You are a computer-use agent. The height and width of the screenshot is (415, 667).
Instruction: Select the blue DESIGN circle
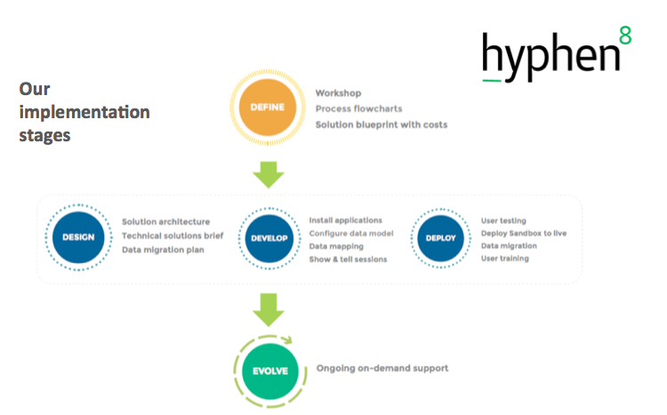[78, 237]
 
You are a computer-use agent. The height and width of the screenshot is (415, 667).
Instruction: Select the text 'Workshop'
[338, 93]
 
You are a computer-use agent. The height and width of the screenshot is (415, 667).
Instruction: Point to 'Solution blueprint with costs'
[381, 124]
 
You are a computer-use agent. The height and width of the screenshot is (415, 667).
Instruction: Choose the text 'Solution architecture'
[165, 221]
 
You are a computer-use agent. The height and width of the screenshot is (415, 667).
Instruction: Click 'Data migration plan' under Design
[163, 250]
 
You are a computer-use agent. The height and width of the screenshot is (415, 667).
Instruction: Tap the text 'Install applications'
[345, 219]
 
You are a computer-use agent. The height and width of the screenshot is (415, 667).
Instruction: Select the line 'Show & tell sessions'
[347, 259]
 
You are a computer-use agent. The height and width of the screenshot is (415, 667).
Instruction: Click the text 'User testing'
[503, 220]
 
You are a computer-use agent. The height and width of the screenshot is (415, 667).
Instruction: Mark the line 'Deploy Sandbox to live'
[523, 233]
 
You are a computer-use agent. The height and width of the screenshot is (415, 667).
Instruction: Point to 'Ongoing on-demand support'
[383, 368]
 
